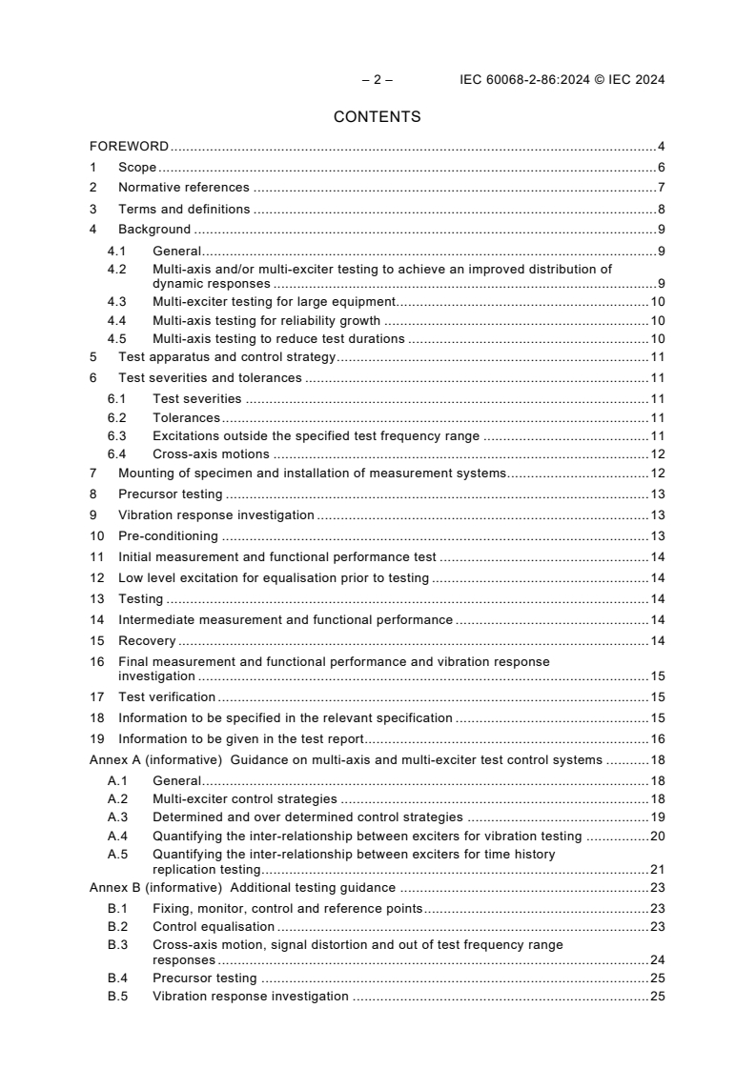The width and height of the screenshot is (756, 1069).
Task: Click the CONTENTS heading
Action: click(377, 117)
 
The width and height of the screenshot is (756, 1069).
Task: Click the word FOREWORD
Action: click(129, 147)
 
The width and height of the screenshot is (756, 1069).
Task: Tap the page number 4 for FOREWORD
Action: click(661, 147)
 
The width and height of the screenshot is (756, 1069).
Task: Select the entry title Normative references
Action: click(183, 188)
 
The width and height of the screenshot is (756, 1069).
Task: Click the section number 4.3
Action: click(116, 302)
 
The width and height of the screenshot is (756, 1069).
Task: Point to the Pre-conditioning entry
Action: click(167, 536)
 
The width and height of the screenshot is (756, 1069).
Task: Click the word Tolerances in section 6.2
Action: click(186, 417)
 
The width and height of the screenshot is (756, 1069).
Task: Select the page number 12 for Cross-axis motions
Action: click(658, 454)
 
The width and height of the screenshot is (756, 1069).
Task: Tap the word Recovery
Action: click(146, 641)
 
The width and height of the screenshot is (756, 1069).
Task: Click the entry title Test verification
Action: click(166, 697)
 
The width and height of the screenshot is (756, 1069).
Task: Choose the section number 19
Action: click(96, 739)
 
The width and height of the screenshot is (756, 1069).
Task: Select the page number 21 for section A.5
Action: click(657, 870)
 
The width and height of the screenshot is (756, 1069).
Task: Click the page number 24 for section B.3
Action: click(657, 960)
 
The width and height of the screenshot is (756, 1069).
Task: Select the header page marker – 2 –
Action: click(377, 80)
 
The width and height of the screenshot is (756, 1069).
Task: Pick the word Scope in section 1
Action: click(136, 168)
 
